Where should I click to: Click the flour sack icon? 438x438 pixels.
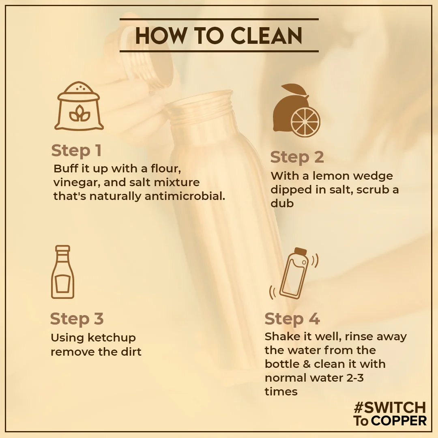tap(79, 106)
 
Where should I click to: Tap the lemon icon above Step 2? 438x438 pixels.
tap(296, 110)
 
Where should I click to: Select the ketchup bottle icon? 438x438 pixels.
tap(62, 272)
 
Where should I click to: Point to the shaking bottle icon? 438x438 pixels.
tap(294, 274)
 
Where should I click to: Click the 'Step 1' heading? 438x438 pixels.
tap(76, 150)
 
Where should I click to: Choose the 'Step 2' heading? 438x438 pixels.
tap(297, 157)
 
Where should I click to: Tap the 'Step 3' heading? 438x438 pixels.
tap(77, 319)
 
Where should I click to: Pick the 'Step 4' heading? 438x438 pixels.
tap(292, 319)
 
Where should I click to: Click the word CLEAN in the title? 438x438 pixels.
tap(266, 36)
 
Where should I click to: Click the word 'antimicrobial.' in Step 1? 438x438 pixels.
tap(185, 196)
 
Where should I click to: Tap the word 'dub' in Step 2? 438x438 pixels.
tap(282, 203)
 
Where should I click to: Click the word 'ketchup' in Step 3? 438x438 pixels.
tap(112, 338)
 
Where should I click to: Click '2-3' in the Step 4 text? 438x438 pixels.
tap(355, 378)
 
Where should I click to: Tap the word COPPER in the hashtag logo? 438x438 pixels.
tap(399, 421)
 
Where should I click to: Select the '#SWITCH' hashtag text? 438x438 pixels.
tap(390, 408)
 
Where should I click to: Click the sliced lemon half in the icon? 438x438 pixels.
tap(305, 122)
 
